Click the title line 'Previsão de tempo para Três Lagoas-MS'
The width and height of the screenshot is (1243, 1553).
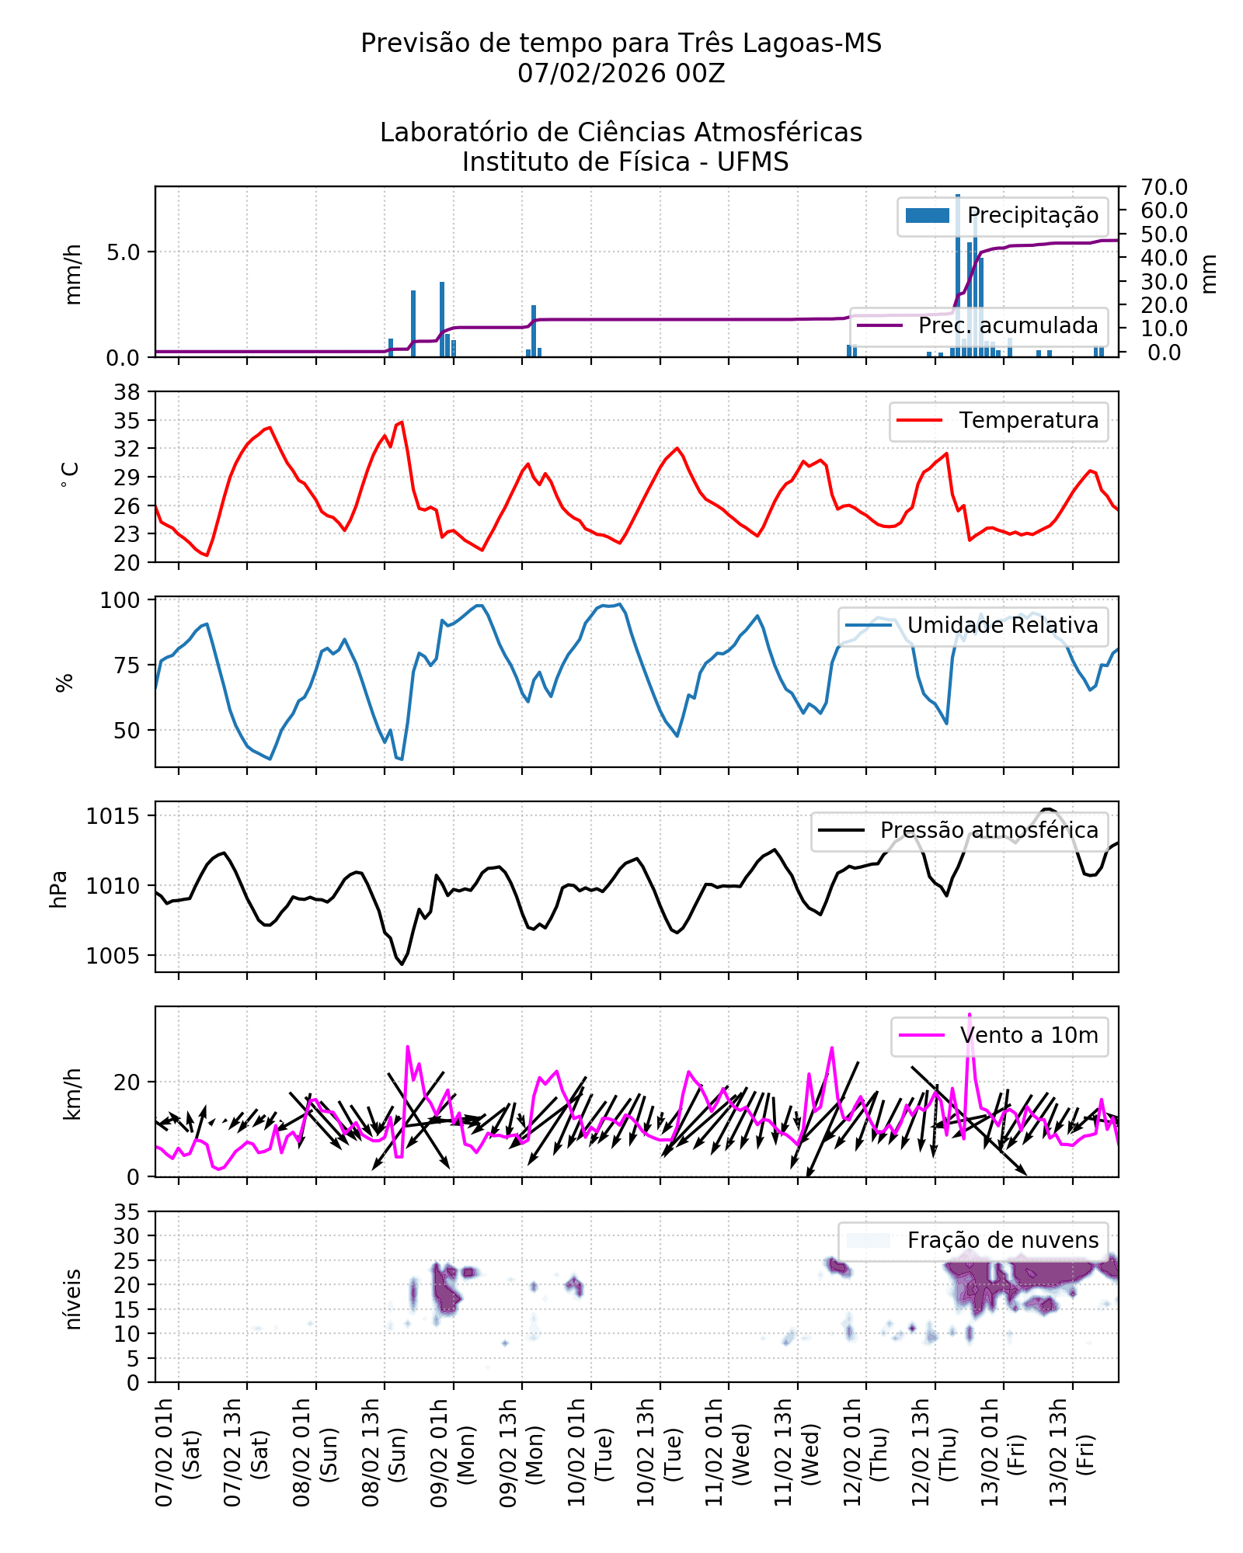click(621, 43)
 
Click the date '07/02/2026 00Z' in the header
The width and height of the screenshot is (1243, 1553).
click(621, 74)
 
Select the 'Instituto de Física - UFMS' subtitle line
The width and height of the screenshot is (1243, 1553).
click(625, 162)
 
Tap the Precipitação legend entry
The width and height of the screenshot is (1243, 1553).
click(1002, 216)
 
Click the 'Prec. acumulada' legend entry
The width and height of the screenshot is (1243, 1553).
click(979, 326)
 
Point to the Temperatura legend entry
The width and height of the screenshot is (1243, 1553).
click(998, 421)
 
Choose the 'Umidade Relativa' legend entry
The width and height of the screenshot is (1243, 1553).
click(973, 626)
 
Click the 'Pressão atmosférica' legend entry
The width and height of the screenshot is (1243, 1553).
click(959, 831)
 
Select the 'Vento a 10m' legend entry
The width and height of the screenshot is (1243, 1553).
click(999, 1036)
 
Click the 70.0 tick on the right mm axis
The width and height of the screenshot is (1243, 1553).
click(1164, 187)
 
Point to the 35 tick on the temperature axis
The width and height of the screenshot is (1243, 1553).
click(127, 421)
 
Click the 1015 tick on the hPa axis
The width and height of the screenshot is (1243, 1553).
click(113, 817)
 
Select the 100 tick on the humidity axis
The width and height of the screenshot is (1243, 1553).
click(120, 600)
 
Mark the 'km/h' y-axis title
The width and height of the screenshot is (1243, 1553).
click(72, 1094)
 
